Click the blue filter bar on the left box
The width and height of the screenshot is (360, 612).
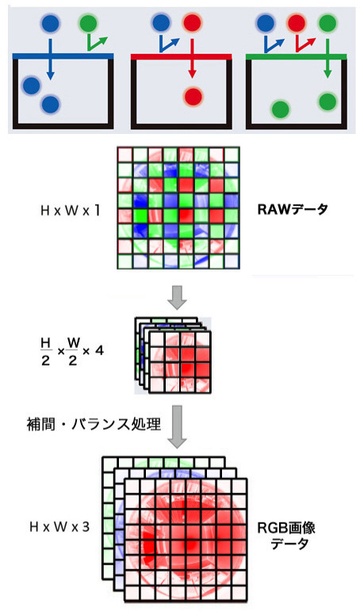coord(63,56)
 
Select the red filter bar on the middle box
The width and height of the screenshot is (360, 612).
coord(181,56)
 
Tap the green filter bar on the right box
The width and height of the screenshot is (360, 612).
coord(297,56)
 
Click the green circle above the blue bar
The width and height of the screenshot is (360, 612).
coord(88,24)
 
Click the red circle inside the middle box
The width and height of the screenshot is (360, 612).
coord(192,96)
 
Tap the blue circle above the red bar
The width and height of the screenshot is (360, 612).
coord(160,24)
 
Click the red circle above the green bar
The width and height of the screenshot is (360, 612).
coord(296,24)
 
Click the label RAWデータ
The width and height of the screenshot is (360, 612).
coord(293,209)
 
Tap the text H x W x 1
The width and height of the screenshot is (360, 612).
coord(71,211)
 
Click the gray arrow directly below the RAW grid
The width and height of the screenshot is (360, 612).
coord(177,297)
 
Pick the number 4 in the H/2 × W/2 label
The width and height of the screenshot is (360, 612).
coord(99,350)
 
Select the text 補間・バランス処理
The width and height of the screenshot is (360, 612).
coord(94,424)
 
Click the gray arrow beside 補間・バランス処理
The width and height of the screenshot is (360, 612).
coord(177,426)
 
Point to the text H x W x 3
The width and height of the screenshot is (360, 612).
coord(59,527)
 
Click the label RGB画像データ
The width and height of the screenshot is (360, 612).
coord(287,536)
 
